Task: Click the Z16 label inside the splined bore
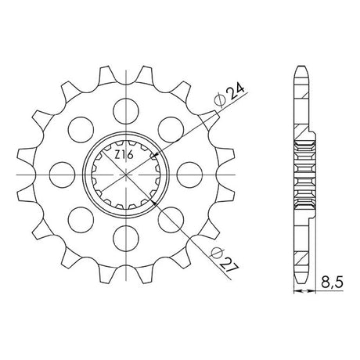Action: coord(124,155)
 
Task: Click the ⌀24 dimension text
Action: coord(229,96)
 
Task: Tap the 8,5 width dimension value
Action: coord(332,283)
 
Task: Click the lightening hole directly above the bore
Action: coord(126,111)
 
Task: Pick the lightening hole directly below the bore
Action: coord(126,238)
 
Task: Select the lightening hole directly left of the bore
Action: coord(62,175)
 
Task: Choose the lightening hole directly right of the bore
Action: coord(189,175)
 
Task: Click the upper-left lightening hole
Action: coord(81,130)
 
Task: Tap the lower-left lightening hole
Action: coord(81,220)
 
